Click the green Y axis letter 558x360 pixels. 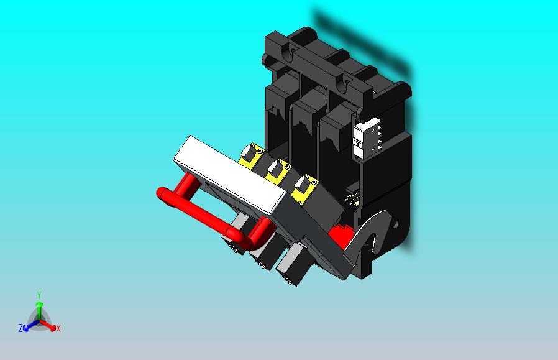[39, 295]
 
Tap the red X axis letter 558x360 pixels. [58, 328]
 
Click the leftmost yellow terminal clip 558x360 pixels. [251, 155]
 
